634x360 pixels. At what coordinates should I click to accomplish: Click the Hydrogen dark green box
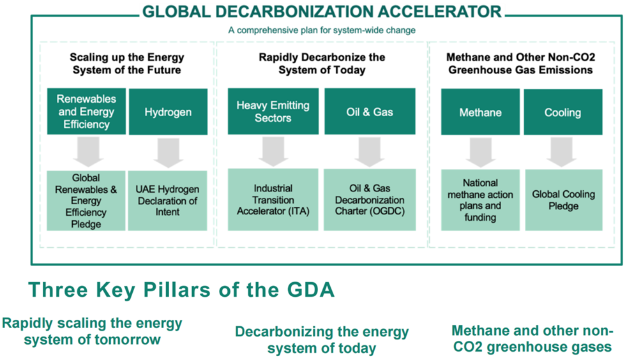168,112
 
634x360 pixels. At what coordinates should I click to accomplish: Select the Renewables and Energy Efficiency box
87,112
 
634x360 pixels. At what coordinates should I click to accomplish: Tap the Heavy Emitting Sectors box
273,112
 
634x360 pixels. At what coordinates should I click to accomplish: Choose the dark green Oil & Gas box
370,112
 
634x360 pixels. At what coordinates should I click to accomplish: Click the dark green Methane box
480,112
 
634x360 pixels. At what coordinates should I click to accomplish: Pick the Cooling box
563,112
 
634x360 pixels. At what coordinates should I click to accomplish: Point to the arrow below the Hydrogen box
168,153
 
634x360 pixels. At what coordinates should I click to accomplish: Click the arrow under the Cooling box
562,153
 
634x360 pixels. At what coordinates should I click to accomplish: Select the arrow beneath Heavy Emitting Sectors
273,151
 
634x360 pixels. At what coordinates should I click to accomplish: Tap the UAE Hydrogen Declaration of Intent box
167,200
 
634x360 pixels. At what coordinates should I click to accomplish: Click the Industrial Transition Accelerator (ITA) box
273,200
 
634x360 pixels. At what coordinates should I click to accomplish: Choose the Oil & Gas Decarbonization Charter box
370,200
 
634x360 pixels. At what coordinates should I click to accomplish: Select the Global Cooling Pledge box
564,200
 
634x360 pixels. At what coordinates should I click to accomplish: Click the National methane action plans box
480,200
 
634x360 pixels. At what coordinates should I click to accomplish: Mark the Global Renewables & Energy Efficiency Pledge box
86,200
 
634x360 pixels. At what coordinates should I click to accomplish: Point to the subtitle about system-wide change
322,30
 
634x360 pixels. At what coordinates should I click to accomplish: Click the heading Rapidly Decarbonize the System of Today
322,63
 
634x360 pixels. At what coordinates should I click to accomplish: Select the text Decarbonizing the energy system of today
322,340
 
